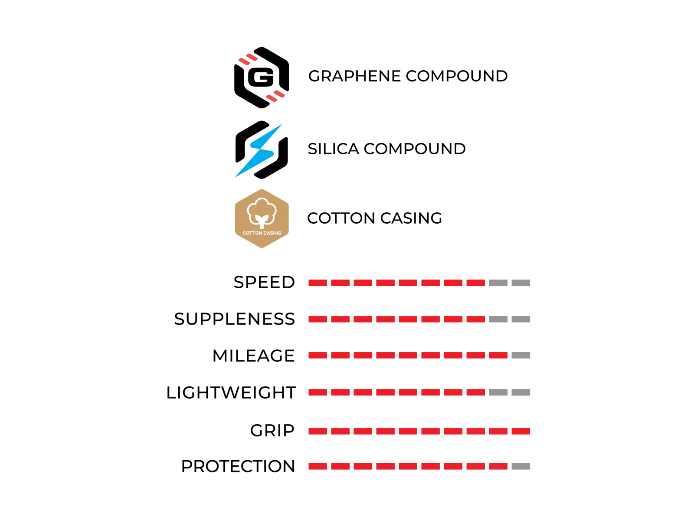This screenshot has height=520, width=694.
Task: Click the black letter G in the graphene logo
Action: [261, 77]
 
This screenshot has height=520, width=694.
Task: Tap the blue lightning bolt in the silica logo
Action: [259, 151]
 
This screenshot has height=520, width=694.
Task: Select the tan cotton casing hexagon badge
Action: [262, 218]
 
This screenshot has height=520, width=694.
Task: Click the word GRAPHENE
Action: [354, 76]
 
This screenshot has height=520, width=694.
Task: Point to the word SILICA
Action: [333, 149]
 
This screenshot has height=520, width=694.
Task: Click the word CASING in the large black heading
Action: [411, 218]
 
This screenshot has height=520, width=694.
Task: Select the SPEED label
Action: [264, 282]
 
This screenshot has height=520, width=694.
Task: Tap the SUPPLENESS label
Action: [234, 319]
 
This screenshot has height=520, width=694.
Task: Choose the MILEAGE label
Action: [253, 356]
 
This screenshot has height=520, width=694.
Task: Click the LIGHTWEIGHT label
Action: [231, 393]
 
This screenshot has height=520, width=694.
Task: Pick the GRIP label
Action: [272, 431]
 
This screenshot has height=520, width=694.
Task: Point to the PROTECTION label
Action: [238, 466]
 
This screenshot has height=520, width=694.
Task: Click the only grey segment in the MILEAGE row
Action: [521, 355]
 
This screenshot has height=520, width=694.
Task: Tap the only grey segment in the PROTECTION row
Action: [521, 466]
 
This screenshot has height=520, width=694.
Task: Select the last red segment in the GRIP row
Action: [521, 431]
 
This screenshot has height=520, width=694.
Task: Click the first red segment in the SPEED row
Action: [318, 283]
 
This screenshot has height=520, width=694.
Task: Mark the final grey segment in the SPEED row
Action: [521, 283]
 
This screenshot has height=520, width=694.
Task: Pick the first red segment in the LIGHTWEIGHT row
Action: [318, 393]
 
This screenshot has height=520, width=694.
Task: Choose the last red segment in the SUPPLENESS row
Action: [475, 319]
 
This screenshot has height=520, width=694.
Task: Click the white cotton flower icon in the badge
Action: [262, 213]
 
